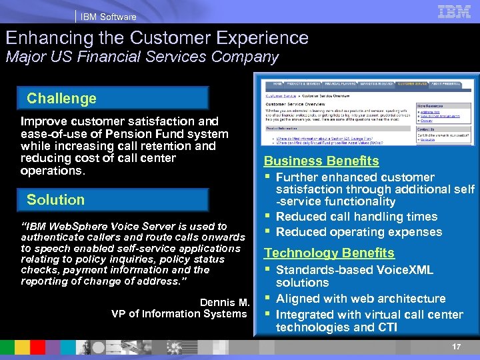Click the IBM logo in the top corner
click(455, 11)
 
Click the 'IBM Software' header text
click(108, 17)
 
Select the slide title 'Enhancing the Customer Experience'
click(157, 38)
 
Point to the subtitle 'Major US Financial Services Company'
click(142, 57)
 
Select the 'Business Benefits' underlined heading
click(321, 161)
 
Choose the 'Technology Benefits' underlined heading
click(329, 253)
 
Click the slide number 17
click(456, 347)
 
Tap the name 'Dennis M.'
click(225, 302)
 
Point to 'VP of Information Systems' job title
click(179, 313)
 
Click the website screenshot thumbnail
click(365, 114)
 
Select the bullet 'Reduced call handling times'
click(357, 217)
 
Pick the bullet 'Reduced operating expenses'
click(359, 232)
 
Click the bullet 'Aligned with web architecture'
click(361, 299)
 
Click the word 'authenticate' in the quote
click(54, 237)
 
